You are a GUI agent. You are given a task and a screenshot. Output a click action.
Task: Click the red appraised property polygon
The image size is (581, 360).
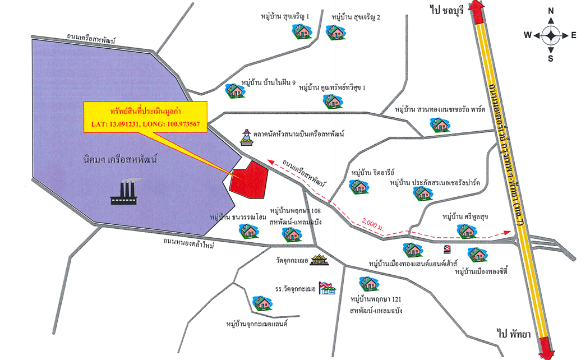(249, 181)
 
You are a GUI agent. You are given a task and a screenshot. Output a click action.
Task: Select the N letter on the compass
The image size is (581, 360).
(551, 11)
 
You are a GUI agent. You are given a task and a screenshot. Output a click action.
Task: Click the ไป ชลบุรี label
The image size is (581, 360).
(446, 10)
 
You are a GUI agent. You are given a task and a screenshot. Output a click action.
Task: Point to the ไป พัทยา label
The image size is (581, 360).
(514, 334)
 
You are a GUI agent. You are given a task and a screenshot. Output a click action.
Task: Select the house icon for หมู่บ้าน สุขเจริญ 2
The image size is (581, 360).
(336, 33)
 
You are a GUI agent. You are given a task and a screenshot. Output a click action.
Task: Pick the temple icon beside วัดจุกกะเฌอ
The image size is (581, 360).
(320, 260)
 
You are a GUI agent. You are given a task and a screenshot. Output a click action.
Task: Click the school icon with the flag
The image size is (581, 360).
(327, 288)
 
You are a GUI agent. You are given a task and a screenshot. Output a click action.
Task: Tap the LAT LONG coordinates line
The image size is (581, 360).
(145, 124)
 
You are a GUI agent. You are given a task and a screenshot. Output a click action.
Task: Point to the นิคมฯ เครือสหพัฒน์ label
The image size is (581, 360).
(120, 160)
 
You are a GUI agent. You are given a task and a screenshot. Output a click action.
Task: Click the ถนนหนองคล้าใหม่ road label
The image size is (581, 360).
(188, 243)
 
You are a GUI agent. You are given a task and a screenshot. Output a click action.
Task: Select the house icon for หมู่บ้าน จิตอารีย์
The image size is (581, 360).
(359, 187)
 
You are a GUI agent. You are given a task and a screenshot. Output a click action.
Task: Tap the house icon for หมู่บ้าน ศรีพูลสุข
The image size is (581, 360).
(467, 231)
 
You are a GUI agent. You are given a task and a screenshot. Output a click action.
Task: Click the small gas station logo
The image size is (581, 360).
(447, 250)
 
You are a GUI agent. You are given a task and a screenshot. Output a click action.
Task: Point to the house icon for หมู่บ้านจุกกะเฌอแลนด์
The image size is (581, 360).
(262, 303)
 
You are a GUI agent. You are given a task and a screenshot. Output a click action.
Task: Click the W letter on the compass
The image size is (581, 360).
(528, 35)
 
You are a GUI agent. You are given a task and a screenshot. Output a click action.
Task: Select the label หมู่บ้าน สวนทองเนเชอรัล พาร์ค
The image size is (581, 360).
(440, 110)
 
